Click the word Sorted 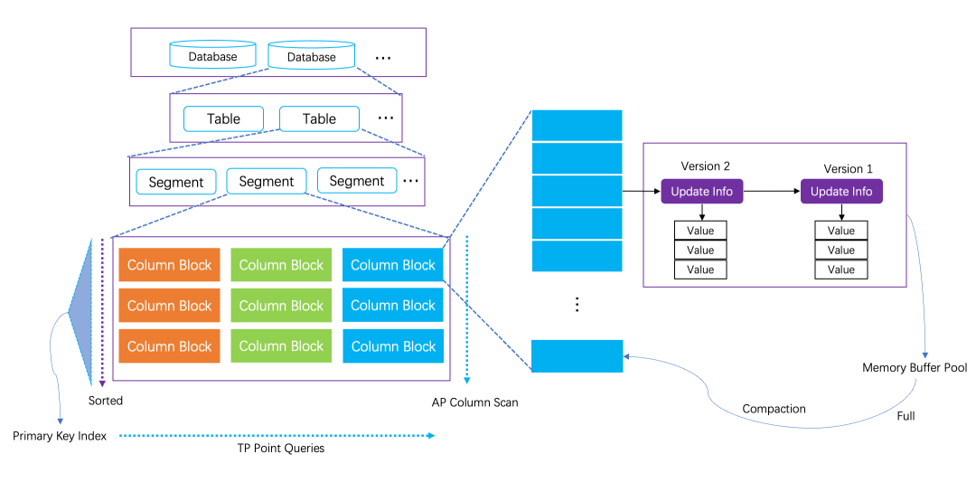(x=106, y=400)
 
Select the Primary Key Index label (x=60, y=436)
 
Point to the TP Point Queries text (x=274, y=448)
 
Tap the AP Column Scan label (x=474, y=402)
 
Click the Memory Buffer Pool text (x=915, y=368)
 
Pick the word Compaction (x=774, y=409)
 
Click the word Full (x=906, y=416)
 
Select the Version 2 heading (x=706, y=166)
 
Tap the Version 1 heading (x=849, y=169)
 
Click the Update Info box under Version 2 (x=702, y=192)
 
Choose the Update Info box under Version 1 (x=841, y=192)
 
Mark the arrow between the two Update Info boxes (x=771, y=192)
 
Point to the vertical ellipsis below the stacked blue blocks (x=577, y=305)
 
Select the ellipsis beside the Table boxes (x=386, y=118)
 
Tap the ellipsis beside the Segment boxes (x=411, y=181)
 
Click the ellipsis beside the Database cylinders (x=383, y=58)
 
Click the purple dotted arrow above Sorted (x=102, y=307)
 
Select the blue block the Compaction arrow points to (x=577, y=356)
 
